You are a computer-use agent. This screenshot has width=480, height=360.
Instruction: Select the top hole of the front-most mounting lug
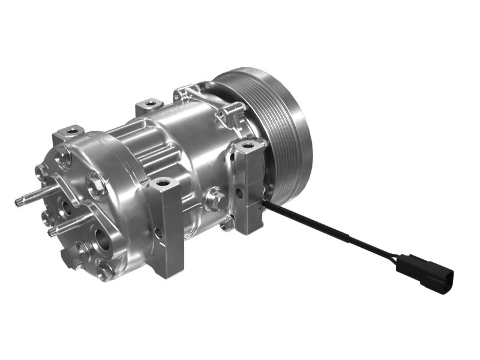(163, 181)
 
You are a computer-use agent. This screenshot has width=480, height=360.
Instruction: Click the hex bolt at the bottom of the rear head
(104, 271)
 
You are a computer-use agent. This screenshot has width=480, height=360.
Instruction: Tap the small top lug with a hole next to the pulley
(231, 112)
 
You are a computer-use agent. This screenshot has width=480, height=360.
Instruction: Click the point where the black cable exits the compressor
(264, 204)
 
